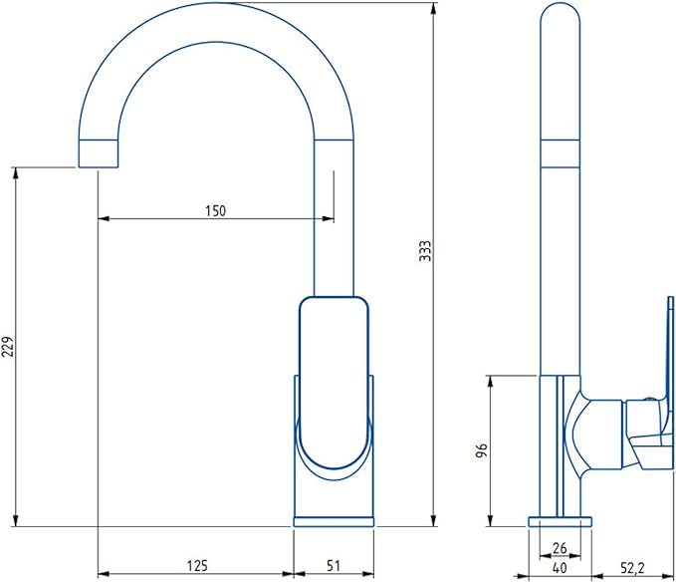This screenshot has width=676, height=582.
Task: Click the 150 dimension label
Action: [x=215, y=210]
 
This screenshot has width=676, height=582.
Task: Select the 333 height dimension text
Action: [x=424, y=251]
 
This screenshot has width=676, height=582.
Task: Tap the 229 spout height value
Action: [x=8, y=346]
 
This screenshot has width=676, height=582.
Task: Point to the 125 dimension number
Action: [x=195, y=566]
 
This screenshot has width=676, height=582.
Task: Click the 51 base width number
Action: [x=333, y=566]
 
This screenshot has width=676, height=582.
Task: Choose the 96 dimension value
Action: [x=480, y=450]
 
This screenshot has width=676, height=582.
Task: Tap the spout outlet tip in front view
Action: [x=98, y=154]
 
